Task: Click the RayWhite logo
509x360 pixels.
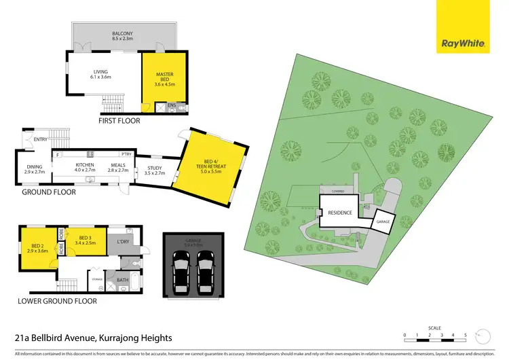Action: pyautogui.click(x=464, y=43)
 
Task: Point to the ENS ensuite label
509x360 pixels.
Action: pyautogui.click(x=172, y=105)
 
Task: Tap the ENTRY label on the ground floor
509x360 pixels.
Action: pyautogui.click(x=41, y=139)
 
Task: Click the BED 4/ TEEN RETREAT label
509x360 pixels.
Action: pyautogui.click(x=208, y=163)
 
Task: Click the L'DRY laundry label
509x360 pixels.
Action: pyautogui.click(x=124, y=242)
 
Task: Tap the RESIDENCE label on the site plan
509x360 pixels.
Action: pyautogui.click(x=341, y=212)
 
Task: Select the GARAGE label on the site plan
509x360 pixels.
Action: pyautogui.click(x=384, y=220)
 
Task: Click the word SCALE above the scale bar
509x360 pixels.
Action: pyautogui.click(x=434, y=327)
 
